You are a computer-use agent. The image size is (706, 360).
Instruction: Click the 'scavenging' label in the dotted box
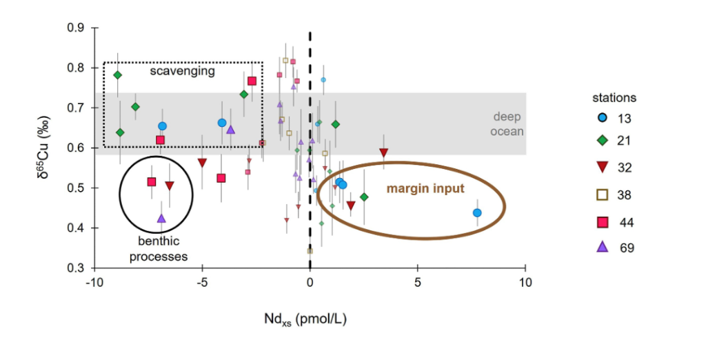pyautogui.click(x=183, y=71)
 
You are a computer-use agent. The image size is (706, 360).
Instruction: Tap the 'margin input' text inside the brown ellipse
pyautogui.click(x=425, y=188)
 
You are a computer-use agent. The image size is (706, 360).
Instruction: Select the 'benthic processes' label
pyautogui.click(x=163, y=248)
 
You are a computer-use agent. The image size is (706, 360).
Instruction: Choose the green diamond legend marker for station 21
pyautogui.click(x=603, y=141)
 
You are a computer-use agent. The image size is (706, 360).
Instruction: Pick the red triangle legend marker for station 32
pyautogui.click(x=603, y=167)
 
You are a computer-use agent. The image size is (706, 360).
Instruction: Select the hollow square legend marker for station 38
pyautogui.click(x=603, y=194)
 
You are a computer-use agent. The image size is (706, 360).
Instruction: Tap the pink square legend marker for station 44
pyautogui.click(x=603, y=221)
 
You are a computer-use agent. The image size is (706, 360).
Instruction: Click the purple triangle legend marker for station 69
pyautogui.click(x=603, y=247)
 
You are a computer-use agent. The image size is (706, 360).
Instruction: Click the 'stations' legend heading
pyautogui.click(x=614, y=97)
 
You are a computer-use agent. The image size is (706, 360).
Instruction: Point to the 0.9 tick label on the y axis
pyautogui.click(x=75, y=28)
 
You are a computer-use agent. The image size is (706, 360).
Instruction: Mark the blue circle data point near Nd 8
pyautogui.click(x=477, y=213)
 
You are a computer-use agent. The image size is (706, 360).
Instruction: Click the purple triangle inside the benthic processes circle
pyautogui.click(x=161, y=219)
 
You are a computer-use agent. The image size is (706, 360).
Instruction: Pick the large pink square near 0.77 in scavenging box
pyautogui.click(x=252, y=81)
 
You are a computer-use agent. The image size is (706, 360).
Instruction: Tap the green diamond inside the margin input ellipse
pyautogui.click(x=364, y=197)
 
